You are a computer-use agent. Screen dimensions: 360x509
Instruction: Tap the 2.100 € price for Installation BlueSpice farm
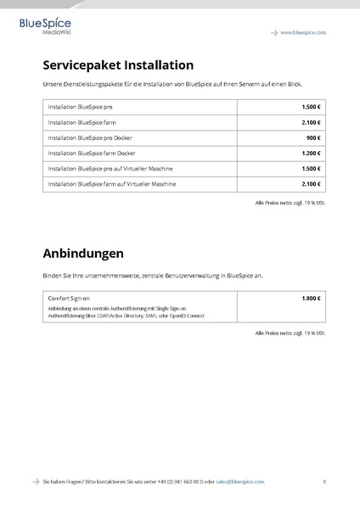tap(311, 122)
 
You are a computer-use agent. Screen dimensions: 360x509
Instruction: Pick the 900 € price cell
tap(312, 137)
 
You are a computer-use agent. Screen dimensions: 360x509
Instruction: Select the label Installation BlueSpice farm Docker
tap(92, 153)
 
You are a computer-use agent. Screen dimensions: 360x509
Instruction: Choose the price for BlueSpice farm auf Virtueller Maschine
tap(311, 183)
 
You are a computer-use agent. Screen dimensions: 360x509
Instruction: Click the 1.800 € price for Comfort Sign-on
tap(311, 299)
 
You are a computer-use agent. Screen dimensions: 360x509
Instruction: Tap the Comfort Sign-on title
tap(70, 299)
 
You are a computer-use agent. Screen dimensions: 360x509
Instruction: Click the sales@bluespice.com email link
tap(240, 481)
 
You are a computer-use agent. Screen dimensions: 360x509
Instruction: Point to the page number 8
tap(324, 481)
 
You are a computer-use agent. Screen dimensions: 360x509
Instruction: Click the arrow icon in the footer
tap(35, 481)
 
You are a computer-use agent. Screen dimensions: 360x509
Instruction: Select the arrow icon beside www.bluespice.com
tap(274, 32)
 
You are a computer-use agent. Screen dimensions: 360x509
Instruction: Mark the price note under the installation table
tap(290, 203)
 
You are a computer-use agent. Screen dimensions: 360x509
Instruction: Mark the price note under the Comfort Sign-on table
tap(290, 333)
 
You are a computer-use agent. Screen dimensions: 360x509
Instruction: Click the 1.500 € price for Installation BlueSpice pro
tap(311, 107)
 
